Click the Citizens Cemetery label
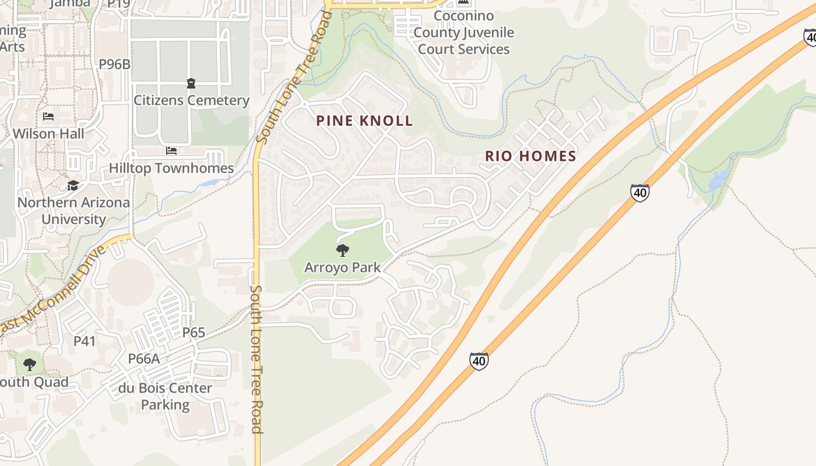(191, 100)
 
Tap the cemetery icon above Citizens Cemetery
(191, 83)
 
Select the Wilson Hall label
(48, 133)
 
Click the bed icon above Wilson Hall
(48, 116)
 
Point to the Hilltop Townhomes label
(171, 168)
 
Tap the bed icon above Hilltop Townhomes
(171, 151)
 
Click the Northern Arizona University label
(73, 211)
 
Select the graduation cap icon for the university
(73, 185)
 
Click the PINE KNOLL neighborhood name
(364, 121)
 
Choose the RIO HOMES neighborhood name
(530, 156)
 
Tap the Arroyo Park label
(343, 267)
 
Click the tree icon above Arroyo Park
(343, 250)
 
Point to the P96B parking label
(114, 64)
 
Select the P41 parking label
(85, 341)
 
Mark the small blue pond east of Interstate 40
(718, 180)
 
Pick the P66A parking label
(144, 359)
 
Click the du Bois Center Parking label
(165, 396)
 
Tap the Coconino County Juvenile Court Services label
(464, 33)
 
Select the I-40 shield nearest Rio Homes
(639, 193)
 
